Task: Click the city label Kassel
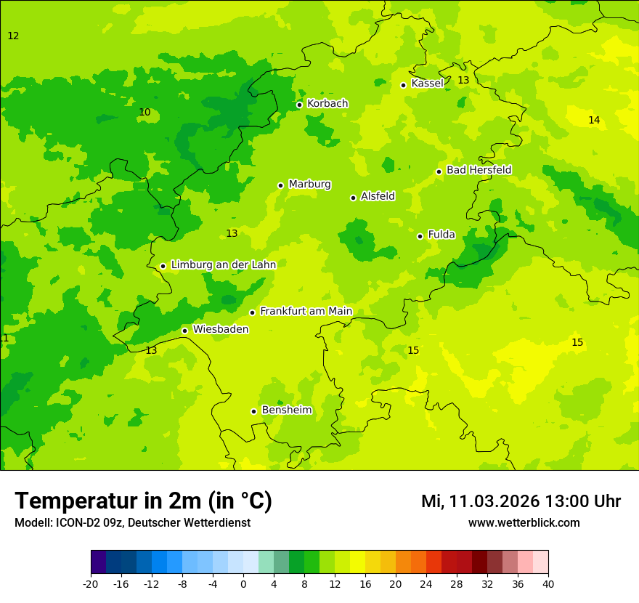tap(427, 84)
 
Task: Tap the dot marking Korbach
tap(299, 105)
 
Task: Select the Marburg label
tap(309, 185)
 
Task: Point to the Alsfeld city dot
tap(354, 198)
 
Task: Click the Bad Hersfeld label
tap(479, 170)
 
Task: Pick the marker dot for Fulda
tap(420, 236)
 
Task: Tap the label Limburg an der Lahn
tap(224, 265)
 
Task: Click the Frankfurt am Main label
tap(306, 312)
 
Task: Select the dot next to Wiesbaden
tap(185, 331)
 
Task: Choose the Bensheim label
tap(286, 410)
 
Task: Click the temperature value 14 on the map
tap(594, 121)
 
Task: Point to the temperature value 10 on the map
tap(145, 113)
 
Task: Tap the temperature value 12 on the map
tap(13, 36)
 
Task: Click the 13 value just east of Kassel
tap(463, 81)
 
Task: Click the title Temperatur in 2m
tap(143, 501)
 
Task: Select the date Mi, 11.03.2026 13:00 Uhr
tap(521, 501)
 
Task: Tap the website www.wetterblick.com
tap(524, 523)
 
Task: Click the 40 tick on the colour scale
tap(548, 583)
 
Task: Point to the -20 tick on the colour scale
tap(91, 583)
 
